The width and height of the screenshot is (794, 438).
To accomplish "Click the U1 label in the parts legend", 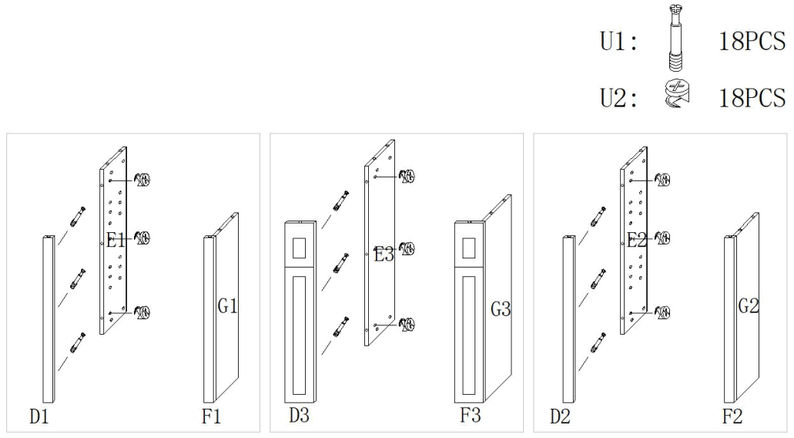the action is click(618, 42).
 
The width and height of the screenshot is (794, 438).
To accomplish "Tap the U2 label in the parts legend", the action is click(618, 98).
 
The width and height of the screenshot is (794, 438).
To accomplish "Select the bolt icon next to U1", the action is click(676, 36).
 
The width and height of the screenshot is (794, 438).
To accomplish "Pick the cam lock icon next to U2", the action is click(676, 93).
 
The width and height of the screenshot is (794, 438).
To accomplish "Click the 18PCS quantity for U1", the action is click(752, 41).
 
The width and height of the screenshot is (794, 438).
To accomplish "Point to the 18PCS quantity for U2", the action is click(752, 97).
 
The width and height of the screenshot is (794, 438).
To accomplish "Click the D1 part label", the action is click(39, 416).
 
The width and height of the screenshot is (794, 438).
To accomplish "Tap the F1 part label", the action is click(211, 416).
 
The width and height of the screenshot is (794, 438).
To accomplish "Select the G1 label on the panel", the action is click(227, 305).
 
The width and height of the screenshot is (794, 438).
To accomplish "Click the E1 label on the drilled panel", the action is click(116, 239).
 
